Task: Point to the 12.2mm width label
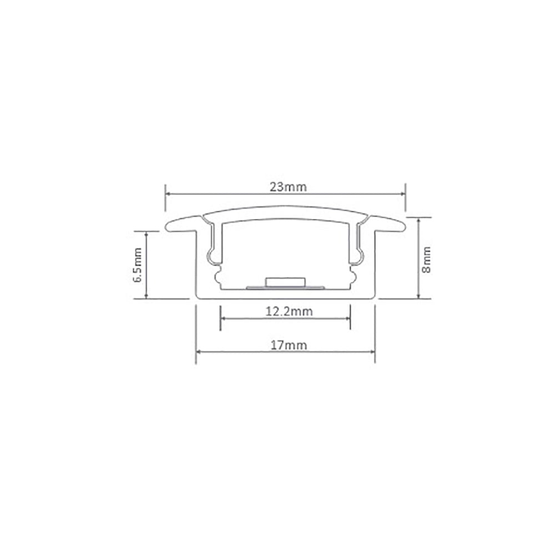[x=287, y=311]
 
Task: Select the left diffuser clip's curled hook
[x=212, y=256]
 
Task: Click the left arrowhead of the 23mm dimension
[x=168, y=194]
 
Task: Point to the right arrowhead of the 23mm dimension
[x=403, y=194]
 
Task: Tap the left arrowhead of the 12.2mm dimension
[x=223, y=319]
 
